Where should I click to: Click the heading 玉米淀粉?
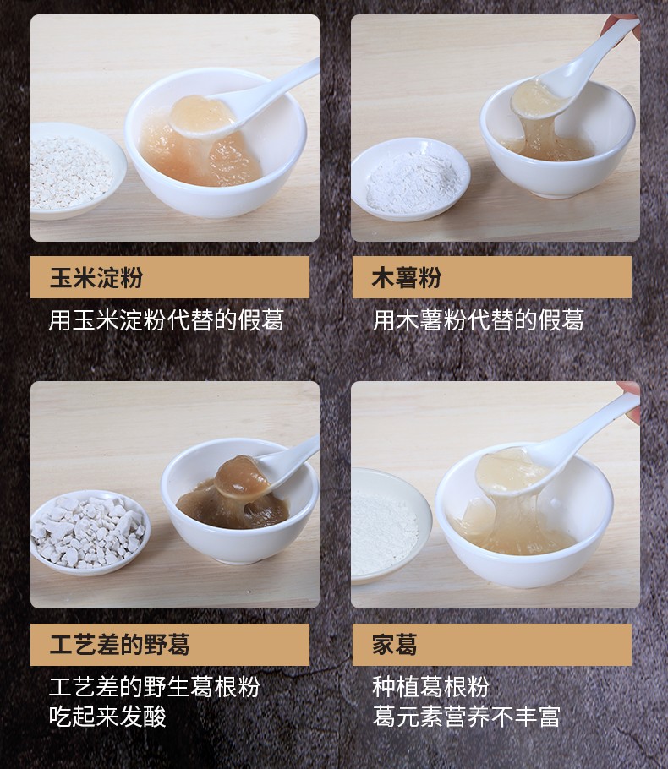tap(96, 277)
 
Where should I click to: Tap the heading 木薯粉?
tap(407, 277)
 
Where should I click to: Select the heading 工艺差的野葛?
tap(119, 645)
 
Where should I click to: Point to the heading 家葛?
tap(395, 645)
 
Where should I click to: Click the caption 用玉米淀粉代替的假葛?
tap(166, 320)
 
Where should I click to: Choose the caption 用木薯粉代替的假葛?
tap(479, 320)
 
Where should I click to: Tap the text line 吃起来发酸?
tap(107, 717)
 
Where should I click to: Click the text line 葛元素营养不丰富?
tap(467, 717)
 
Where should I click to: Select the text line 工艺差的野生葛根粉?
tap(154, 685)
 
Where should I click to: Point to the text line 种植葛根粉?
tap(430, 685)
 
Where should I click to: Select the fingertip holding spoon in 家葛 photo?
tap(629, 390)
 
